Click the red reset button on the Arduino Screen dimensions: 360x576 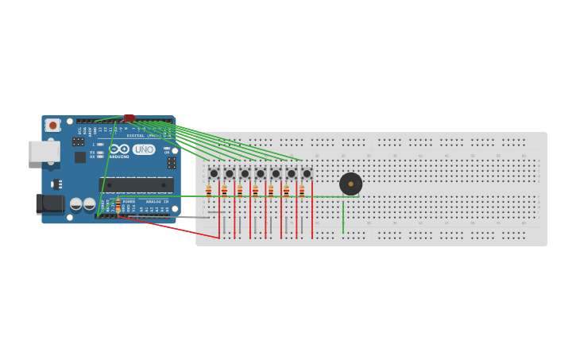point(52,125)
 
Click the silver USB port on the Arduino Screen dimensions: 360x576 point(44,151)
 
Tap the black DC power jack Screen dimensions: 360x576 point(50,204)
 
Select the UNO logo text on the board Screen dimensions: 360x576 point(144,149)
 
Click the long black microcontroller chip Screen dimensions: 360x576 point(136,184)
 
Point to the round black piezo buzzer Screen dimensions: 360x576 point(350,184)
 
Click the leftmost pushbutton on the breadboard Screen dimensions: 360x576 point(214,173)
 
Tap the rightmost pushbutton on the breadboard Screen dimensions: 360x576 point(307,173)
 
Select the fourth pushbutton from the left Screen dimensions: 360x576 point(260,173)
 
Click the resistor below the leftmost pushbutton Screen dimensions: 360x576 point(209,191)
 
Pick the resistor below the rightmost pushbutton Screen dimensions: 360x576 point(302,191)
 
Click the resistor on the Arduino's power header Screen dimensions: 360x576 point(118,206)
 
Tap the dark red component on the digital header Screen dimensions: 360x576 point(129,118)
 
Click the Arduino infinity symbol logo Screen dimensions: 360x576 point(119,149)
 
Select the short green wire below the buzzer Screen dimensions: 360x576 point(343,216)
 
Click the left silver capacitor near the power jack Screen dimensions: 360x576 point(76,204)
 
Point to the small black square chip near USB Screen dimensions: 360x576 point(80,157)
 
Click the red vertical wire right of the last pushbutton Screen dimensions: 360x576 point(312,211)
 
